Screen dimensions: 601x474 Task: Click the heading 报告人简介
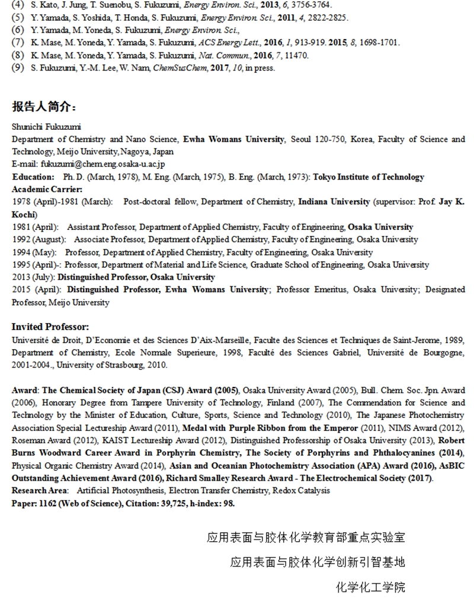coord(44,107)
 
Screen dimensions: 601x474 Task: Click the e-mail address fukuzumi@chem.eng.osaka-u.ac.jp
coord(88,164)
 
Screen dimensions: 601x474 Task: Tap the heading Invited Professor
coord(50,327)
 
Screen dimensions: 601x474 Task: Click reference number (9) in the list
coord(18,68)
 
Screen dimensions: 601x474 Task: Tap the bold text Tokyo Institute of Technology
coord(369,177)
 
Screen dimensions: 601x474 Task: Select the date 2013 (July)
coord(33,277)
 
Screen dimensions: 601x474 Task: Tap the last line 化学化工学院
coord(370,587)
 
